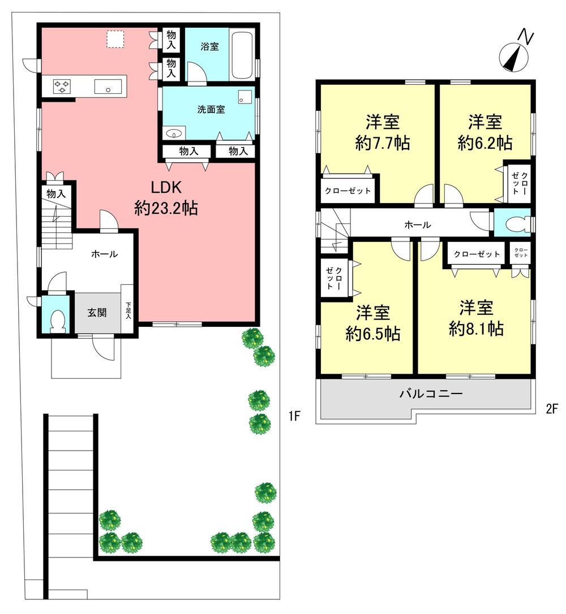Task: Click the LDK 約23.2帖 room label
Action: (x=165, y=198)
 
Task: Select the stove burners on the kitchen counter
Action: (x=62, y=87)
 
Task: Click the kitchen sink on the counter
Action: (x=107, y=87)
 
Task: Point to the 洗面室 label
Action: (x=211, y=109)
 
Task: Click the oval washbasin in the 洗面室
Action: (x=174, y=133)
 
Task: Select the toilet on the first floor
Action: (x=57, y=321)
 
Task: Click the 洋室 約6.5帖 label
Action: (x=373, y=323)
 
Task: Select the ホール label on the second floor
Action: (x=418, y=225)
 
